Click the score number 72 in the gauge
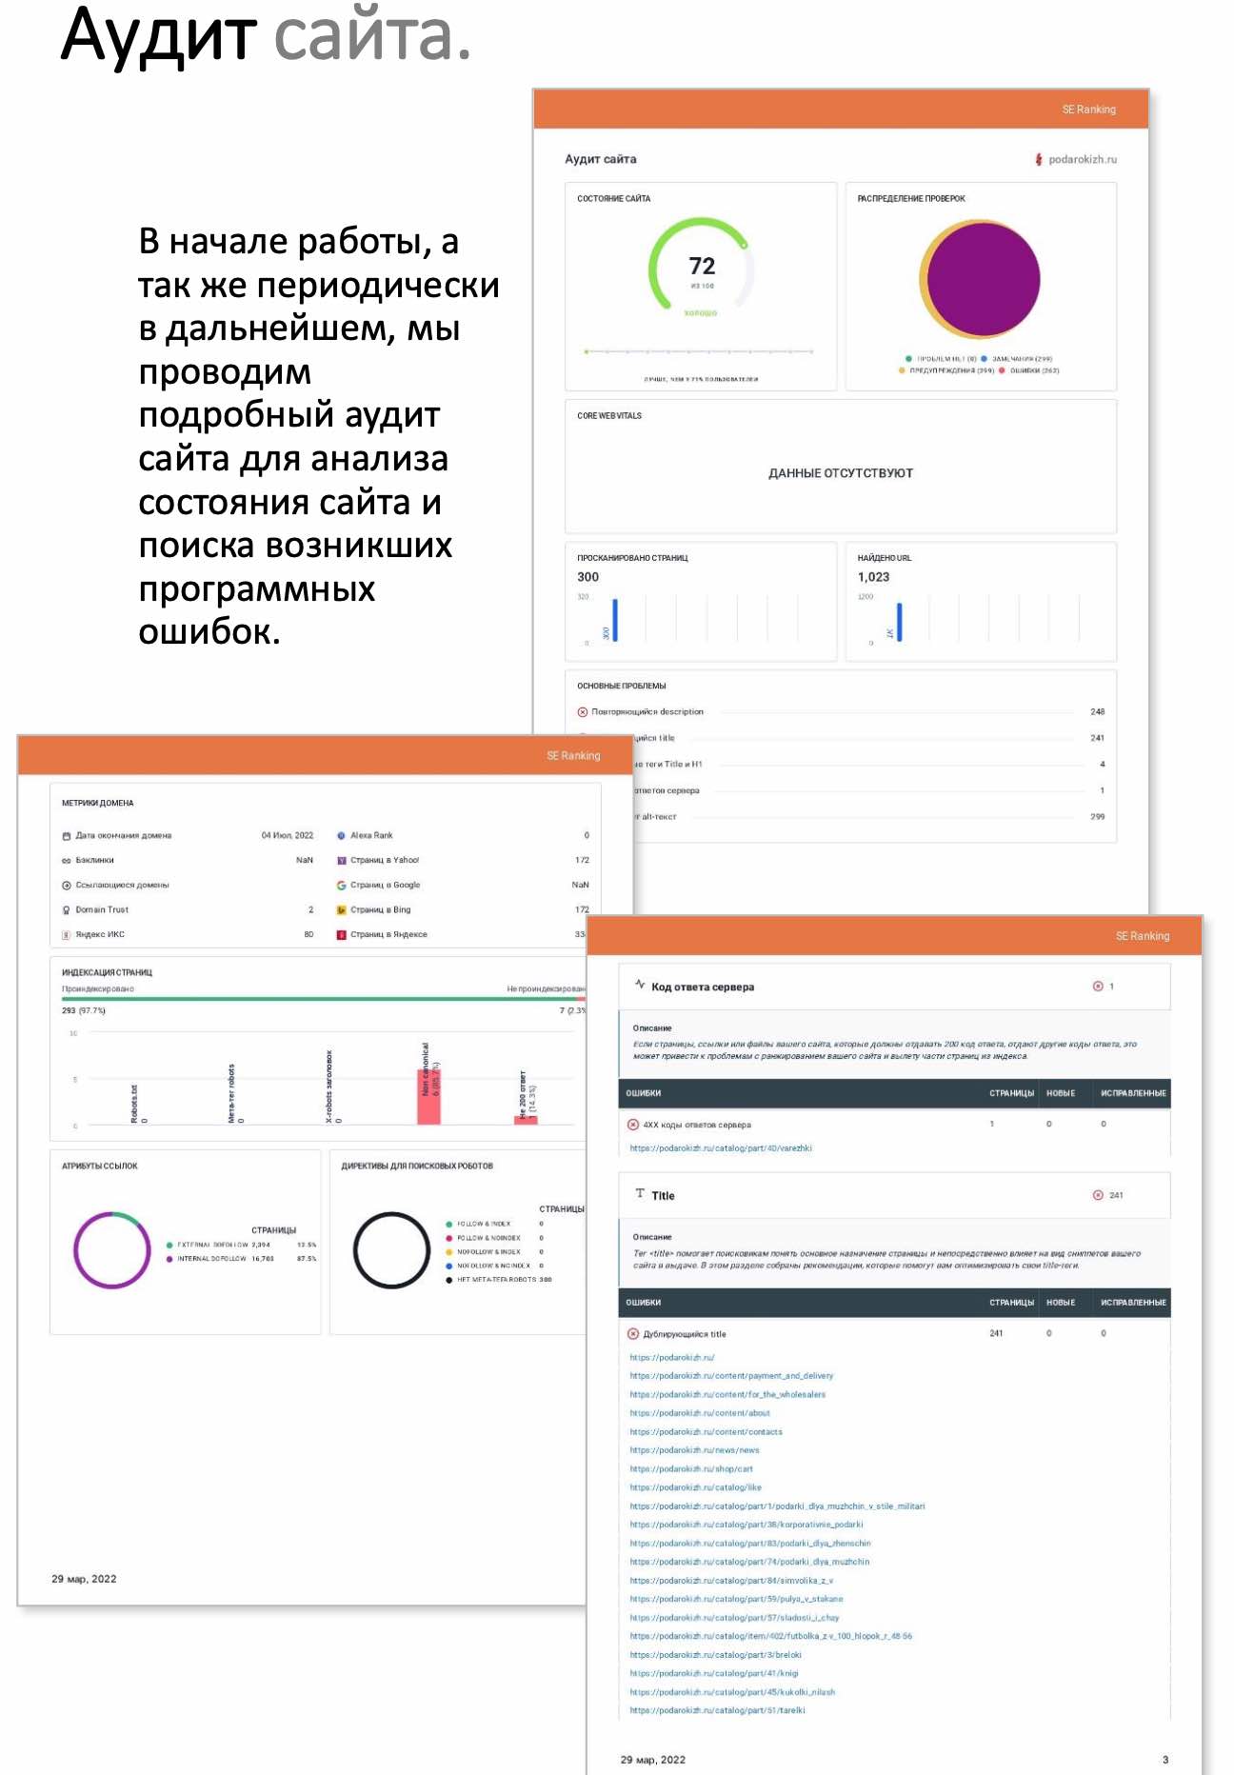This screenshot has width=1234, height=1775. pyautogui.click(x=702, y=266)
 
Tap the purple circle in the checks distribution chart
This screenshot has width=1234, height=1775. pyautogui.click(x=984, y=278)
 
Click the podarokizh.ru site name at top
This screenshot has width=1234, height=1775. pyautogui.click(x=1082, y=159)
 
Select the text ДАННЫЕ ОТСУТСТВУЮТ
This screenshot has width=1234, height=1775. pyautogui.click(x=840, y=473)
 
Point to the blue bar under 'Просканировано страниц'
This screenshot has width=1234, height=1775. pyautogui.click(x=615, y=619)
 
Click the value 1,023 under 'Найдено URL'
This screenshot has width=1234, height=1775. pyautogui.click(x=873, y=577)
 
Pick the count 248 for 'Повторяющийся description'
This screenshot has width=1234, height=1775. pyautogui.click(x=1097, y=711)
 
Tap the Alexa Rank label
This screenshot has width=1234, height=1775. pyautogui.click(x=371, y=835)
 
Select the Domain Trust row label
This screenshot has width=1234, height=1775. pyautogui.click(x=102, y=909)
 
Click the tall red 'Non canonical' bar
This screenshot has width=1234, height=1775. pyautogui.click(x=428, y=1095)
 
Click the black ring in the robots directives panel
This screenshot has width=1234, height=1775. pyautogui.click(x=391, y=1250)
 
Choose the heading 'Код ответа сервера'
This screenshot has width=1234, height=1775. pyautogui.click(x=702, y=987)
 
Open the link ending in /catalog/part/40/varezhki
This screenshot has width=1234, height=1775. pyautogui.click(x=720, y=1148)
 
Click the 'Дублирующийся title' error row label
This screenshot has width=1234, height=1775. pyautogui.click(x=684, y=1334)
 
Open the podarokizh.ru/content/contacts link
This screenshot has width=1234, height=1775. pyautogui.click(x=706, y=1432)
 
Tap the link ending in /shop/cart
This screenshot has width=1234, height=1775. pyautogui.click(x=690, y=1469)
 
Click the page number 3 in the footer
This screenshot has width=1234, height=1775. pyautogui.click(x=1165, y=1760)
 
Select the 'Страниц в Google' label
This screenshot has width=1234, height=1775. pyautogui.click(x=385, y=885)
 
